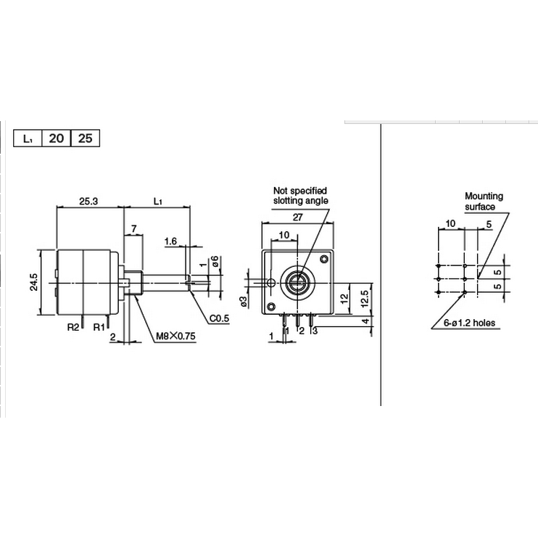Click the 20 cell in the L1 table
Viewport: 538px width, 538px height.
57,138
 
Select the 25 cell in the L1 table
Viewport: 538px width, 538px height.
84,138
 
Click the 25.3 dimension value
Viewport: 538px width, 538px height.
88,201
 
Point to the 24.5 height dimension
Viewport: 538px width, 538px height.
34,282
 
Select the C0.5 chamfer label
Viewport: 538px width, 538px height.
220,318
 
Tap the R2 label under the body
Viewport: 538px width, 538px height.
73,327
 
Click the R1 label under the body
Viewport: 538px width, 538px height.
99,327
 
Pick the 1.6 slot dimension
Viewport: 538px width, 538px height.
172,241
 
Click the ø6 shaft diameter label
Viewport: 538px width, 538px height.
215,262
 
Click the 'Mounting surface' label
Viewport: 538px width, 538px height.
484,201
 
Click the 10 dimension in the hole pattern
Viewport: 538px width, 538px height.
450,224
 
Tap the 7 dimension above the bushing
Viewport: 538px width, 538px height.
133,229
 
